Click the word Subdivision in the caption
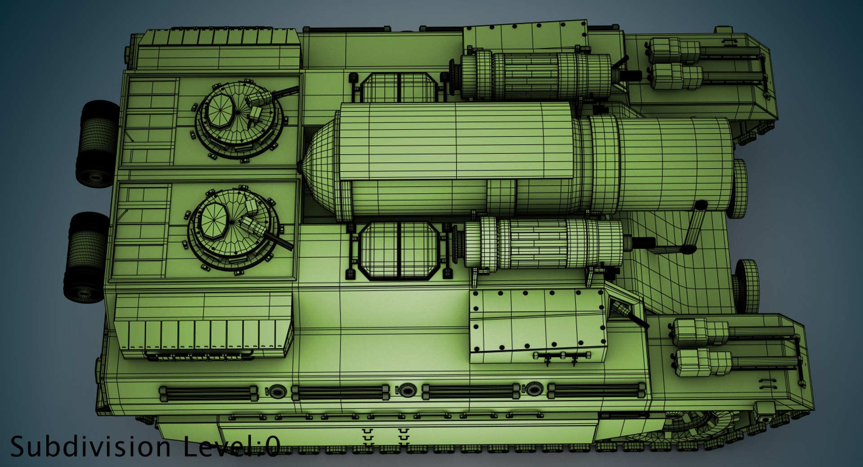point(90,447)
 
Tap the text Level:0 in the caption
point(231,447)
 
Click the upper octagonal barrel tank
point(398,87)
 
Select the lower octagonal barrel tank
point(399,250)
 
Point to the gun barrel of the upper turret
point(285,92)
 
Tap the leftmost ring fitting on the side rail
point(276,391)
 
